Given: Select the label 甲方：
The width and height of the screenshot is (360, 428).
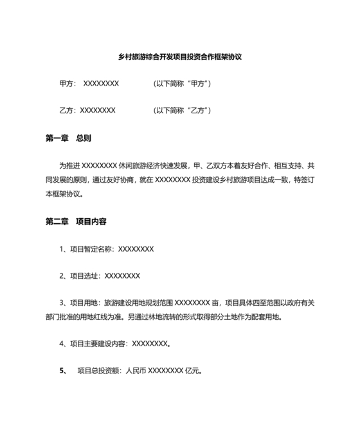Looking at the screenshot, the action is coord(68,84).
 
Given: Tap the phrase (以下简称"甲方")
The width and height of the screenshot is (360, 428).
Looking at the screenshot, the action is coord(183,84).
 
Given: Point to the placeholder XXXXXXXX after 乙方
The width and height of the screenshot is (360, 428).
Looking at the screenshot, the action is coord(96,110).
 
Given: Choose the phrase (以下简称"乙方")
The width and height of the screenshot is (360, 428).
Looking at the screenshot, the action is coord(183,110).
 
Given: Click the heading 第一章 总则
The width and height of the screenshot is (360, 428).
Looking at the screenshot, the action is coord(68,138).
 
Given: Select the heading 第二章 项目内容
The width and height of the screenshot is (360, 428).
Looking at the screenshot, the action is coord(76,221).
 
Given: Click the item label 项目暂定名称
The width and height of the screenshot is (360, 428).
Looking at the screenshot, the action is coord(91,249).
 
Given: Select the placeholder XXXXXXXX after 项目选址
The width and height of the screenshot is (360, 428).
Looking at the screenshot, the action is coord(122,275).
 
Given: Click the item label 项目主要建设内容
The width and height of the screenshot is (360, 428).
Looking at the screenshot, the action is coord(99,344).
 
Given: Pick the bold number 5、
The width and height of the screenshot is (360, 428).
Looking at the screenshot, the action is coord(64,371).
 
